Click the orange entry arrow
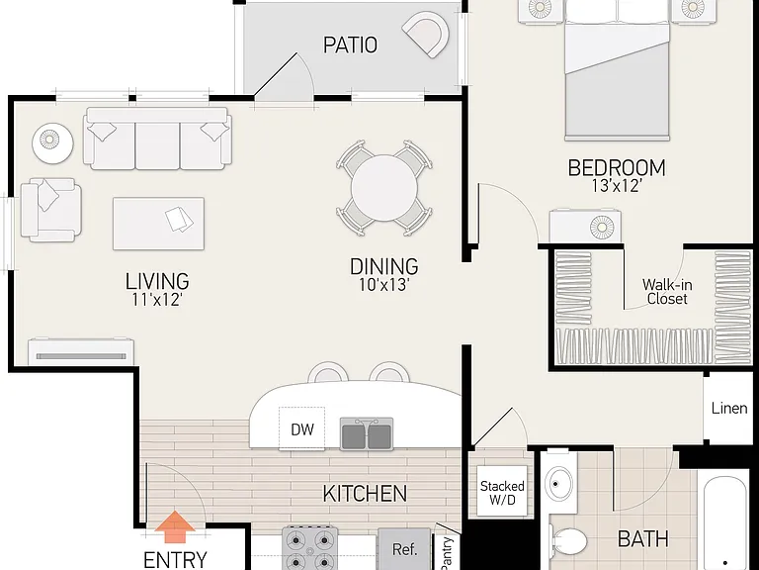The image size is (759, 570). point(175,527)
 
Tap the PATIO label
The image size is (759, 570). point(350,46)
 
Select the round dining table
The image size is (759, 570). point(384,188)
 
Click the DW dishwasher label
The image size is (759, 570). point(302,429)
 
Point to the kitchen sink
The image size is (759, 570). point(367,433)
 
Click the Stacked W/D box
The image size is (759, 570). point(502,492)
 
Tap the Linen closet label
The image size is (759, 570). point(729,408)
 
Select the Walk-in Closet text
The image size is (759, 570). point(667,291)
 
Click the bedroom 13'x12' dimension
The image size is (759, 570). point(617,186)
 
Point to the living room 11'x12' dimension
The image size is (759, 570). point(157,300)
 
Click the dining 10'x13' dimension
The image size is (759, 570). point(384,285)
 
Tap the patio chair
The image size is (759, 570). point(426,34)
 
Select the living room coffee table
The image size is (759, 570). point(158,224)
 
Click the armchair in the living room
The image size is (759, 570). point(50,210)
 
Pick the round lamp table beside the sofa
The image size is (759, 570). point(52,143)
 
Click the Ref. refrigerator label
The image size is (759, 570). point(404,549)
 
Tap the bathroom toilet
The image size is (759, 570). point(568,541)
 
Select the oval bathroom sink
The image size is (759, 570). point(558,484)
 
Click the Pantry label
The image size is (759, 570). point(447,552)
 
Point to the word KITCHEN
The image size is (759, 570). point(365,494)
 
